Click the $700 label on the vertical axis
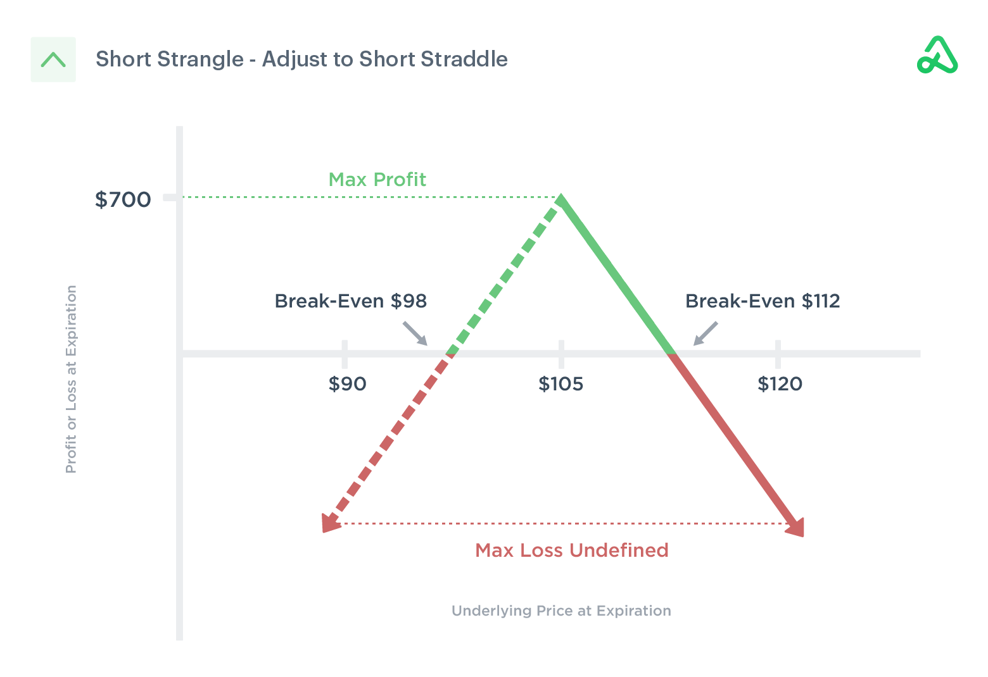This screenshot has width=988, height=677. pos(123,200)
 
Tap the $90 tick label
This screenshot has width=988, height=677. pos(347,384)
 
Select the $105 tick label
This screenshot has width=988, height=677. pos(560,384)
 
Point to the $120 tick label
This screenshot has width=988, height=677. pos(780,384)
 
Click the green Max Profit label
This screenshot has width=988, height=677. pos(377,180)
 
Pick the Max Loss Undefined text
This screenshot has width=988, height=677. pos(571,550)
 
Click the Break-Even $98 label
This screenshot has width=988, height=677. pos(350,301)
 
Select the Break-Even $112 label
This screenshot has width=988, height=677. pos(763,301)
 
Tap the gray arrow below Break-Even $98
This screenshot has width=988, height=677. pos(416,333)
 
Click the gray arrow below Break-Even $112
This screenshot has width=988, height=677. pos(705,333)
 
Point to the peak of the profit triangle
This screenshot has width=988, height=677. pos(560,199)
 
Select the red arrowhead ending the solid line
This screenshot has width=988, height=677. pos(797,526)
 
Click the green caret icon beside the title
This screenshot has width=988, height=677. pos(53,59)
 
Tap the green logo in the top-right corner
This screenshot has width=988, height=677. pos(937,56)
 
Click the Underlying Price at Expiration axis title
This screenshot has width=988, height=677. pos(561,611)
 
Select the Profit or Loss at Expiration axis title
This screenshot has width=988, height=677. pos(71,379)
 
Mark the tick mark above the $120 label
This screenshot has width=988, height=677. pos(778,353)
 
